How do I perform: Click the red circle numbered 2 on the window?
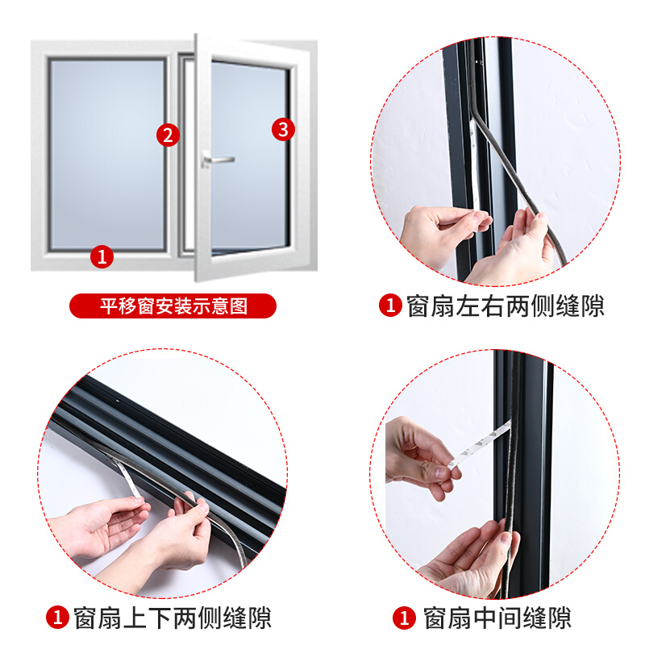(168, 135)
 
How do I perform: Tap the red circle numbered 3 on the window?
(283, 130)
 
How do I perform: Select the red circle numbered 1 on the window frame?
(102, 256)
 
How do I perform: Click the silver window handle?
(218, 160)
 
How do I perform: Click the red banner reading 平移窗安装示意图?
(173, 306)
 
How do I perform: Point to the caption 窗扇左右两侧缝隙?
(506, 306)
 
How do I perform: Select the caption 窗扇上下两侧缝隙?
(173, 618)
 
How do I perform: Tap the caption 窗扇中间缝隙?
(497, 618)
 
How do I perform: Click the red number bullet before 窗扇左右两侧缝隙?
(390, 306)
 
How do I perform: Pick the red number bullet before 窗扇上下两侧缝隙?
(57, 618)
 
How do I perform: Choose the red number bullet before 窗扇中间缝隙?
(404, 618)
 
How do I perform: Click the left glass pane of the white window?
(107, 154)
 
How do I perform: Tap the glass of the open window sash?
(249, 156)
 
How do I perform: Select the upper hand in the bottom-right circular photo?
(418, 456)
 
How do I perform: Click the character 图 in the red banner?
(239, 306)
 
